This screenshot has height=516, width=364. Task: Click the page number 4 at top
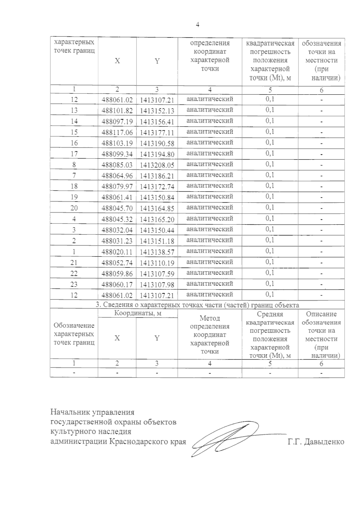click(197, 25)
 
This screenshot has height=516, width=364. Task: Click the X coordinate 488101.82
click(117, 111)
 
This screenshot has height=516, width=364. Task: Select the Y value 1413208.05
click(157, 165)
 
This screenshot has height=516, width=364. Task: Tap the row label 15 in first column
click(74, 132)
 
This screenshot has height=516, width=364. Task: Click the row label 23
click(74, 284)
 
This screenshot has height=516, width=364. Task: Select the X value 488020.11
click(117, 252)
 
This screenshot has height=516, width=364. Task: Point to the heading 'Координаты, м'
click(137, 313)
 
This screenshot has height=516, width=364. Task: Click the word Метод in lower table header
click(210, 318)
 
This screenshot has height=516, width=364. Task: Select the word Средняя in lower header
click(270, 314)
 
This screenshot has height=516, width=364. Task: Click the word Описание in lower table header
click(321, 314)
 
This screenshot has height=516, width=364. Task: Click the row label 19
click(74, 197)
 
